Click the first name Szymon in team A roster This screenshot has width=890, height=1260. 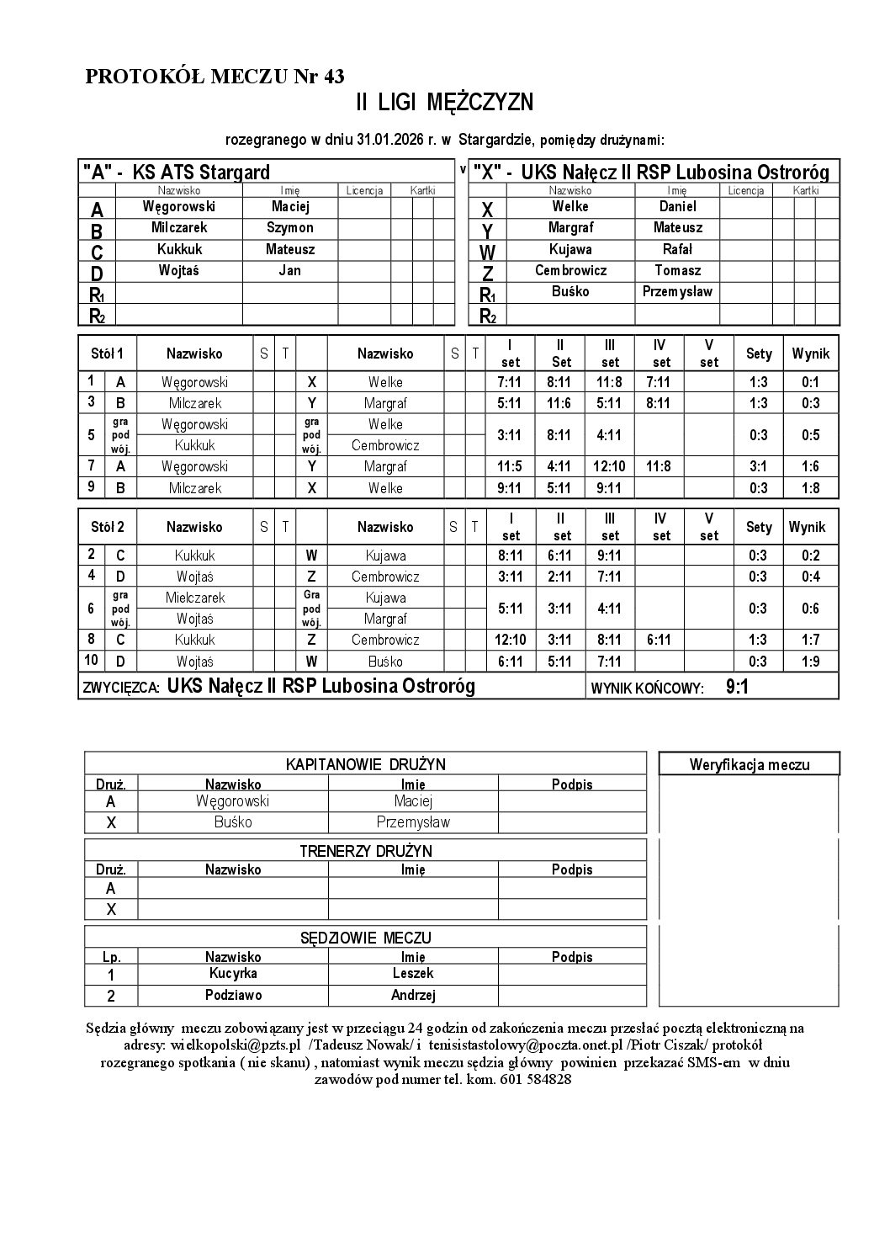pyautogui.click(x=290, y=228)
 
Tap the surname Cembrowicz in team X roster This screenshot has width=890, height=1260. pyautogui.click(x=570, y=271)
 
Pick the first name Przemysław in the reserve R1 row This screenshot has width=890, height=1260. pyautogui.click(x=677, y=292)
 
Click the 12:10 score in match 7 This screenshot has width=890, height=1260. pyautogui.click(x=611, y=466)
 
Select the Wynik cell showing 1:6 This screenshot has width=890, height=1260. pyautogui.click(x=810, y=466)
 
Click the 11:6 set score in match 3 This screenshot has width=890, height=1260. pyautogui.click(x=559, y=403)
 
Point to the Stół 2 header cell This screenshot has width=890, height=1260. pyautogui.click(x=108, y=528)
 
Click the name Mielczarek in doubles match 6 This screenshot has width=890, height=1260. pyautogui.click(x=195, y=598)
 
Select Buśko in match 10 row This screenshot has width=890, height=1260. pyautogui.click(x=385, y=662)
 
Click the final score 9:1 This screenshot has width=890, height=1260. pyautogui.click(x=737, y=688)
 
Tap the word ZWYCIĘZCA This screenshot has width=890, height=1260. pyautogui.click(x=121, y=688)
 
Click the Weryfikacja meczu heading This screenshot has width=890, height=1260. pyautogui.click(x=749, y=764)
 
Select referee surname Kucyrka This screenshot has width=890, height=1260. pyautogui.click(x=233, y=974)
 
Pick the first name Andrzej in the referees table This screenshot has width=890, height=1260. pyautogui.click(x=413, y=996)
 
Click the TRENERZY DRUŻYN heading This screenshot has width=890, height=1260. pyautogui.click(x=366, y=851)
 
